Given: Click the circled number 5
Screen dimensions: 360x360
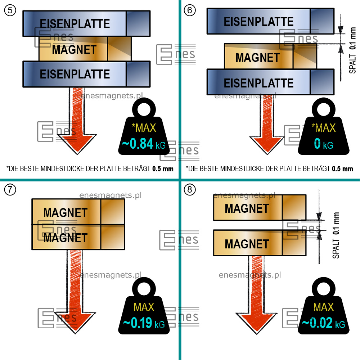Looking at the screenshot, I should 10,10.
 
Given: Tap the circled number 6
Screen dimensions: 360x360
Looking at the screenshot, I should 190,10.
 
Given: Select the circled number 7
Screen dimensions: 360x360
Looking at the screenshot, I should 10,190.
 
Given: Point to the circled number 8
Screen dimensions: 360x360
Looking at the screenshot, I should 189,190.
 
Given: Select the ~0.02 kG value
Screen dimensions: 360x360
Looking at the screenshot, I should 323,323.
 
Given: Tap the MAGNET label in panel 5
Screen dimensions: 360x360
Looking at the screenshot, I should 75,50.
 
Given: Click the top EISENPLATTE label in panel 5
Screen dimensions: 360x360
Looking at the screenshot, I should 75,24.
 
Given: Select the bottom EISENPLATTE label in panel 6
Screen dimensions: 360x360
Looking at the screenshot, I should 258,83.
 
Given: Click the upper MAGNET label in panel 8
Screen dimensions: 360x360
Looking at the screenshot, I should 247,208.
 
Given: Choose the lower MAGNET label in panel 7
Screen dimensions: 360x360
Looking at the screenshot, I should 66,238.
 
